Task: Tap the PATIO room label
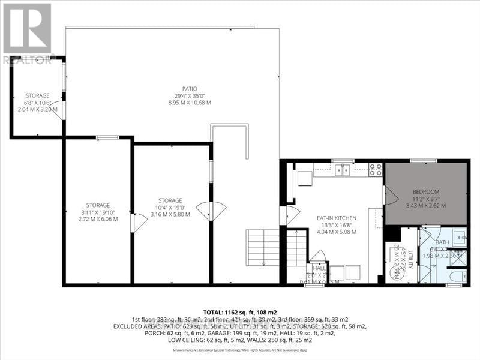(x=190, y=89)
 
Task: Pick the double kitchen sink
(x=344, y=170)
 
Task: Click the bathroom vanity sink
(x=458, y=235)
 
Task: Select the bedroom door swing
(x=389, y=194)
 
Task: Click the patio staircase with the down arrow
(x=263, y=247)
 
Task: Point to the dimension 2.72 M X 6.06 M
(x=98, y=219)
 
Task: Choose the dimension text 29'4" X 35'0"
(x=190, y=95)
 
